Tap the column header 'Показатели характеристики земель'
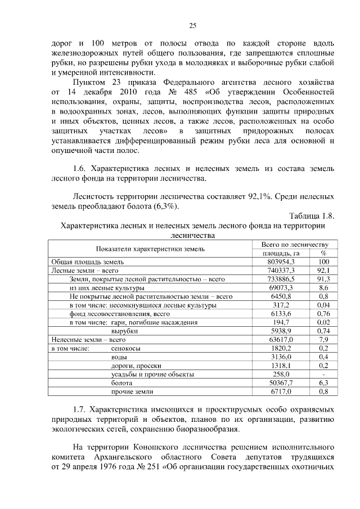coord(150,249)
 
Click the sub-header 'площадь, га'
coord(281,253)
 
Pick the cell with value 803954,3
coord(281,262)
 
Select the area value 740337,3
coord(281,271)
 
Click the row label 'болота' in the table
coord(121,382)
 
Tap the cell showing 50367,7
coord(281,382)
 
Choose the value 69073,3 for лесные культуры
coord(281,287)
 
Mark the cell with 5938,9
coord(281,331)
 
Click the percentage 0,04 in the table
coord(323,305)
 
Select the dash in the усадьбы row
coord(323,374)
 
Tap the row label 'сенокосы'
coord(125,349)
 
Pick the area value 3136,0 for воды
coord(281,357)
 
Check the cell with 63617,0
coord(281,340)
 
